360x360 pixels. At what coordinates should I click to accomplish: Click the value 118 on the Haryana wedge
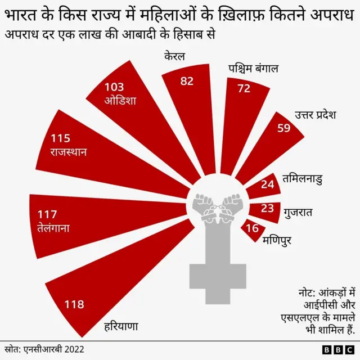[74, 304]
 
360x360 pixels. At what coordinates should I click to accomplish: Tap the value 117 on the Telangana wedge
[47, 214]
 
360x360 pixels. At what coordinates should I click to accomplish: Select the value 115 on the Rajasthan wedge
[61, 138]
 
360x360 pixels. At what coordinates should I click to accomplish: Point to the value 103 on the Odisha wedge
[114, 87]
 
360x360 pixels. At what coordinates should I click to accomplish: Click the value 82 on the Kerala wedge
[187, 81]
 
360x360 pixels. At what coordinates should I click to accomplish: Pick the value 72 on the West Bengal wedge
[244, 88]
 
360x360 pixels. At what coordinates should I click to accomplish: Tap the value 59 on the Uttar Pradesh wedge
[285, 127]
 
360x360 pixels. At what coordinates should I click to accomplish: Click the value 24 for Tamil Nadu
[267, 183]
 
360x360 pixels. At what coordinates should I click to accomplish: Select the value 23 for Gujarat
[268, 208]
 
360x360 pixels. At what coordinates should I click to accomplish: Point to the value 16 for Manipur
[253, 228]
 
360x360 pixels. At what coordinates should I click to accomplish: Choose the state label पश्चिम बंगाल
[253, 69]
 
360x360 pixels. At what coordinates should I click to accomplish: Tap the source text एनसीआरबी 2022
[53, 349]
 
